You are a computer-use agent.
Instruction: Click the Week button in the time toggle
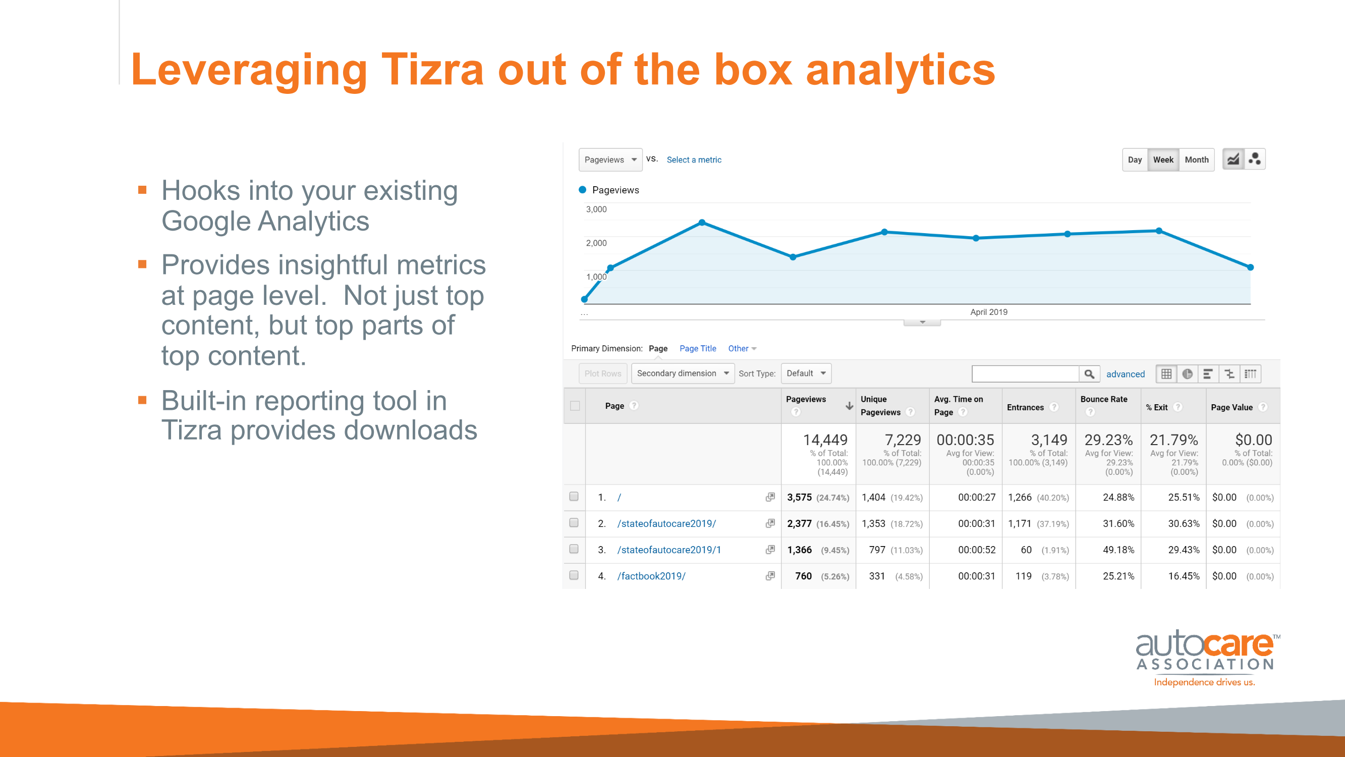tap(1163, 160)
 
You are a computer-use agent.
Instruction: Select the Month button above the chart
tap(1196, 160)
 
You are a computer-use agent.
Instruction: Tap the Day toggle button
tap(1135, 160)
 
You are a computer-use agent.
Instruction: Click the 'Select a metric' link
tap(694, 160)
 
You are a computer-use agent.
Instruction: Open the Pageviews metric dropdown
tap(610, 160)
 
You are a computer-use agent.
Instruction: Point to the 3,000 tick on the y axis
tap(596, 209)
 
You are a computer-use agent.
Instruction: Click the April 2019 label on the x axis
tap(988, 312)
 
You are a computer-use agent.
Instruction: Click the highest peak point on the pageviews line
tap(702, 223)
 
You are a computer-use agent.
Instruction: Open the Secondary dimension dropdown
tap(683, 373)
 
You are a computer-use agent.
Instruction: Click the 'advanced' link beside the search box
tap(1125, 374)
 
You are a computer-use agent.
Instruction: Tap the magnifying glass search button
tap(1089, 374)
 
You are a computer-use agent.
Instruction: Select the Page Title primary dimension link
tap(698, 348)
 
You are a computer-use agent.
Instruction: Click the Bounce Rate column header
tap(1104, 399)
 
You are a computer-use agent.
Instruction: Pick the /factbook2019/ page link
tap(651, 576)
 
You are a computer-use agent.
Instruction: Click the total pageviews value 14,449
tap(825, 440)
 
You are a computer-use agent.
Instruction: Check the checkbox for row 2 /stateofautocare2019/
tap(574, 523)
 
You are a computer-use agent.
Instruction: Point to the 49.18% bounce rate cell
tap(1118, 550)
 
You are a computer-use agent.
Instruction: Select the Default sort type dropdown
tap(806, 373)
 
